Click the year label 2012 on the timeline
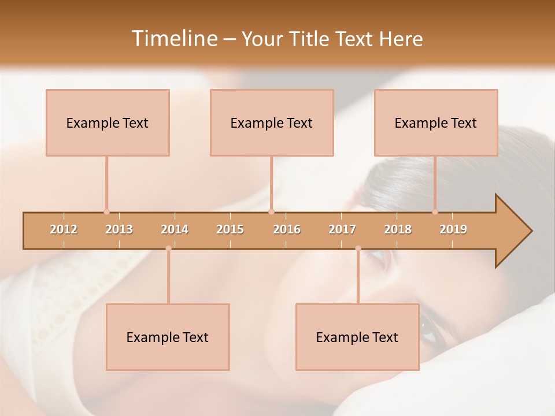coord(64,229)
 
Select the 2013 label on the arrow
coord(119,229)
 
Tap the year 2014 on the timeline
coord(175,229)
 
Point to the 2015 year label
coord(230,229)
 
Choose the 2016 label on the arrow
coord(287,229)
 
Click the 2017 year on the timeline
coord(342,229)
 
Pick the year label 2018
coord(398,229)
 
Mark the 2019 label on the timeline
coord(453,229)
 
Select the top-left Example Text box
coord(108,122)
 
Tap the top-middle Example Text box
coord(272,122)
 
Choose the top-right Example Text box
coord(436,122)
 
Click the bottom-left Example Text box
coord(168,337)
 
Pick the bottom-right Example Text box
coord(357,337)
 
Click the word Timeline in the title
coord(173,39)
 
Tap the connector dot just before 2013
coord(106,211)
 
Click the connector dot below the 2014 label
coord(168,248)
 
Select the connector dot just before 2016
coord(271,211)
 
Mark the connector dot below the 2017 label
coord(358,248)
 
